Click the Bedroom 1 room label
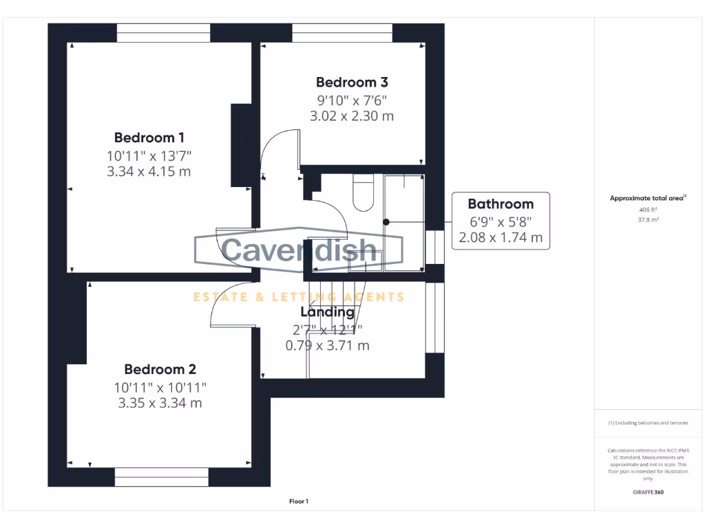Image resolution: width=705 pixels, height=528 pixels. pos(149,137)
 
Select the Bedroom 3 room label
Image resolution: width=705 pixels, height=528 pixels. pos(352,82)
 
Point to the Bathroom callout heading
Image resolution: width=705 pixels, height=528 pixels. pos(501,203)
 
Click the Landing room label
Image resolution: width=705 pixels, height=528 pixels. pos(327,312)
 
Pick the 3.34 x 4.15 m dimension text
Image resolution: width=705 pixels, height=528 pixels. pos(149,171)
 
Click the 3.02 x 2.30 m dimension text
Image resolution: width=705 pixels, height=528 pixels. pos(352,116)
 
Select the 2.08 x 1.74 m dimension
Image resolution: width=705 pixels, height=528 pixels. pos(501,238)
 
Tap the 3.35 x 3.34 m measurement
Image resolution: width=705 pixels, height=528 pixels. pos(160,403)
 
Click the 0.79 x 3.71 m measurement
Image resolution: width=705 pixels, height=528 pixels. pos(327,346)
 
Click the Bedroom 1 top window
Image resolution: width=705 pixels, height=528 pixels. pos(163,33)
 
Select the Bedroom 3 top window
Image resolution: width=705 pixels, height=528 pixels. pos(342,33)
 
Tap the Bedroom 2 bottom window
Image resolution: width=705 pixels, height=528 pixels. pos(161,476)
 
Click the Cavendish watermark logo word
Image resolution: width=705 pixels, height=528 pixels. pos(299,250)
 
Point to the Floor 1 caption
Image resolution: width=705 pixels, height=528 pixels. pos(299,502)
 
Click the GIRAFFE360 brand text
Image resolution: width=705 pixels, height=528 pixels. pos(648,492)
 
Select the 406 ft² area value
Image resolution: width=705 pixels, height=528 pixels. pos(647,210)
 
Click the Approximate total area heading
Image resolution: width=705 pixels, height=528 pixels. pos(647,198)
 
